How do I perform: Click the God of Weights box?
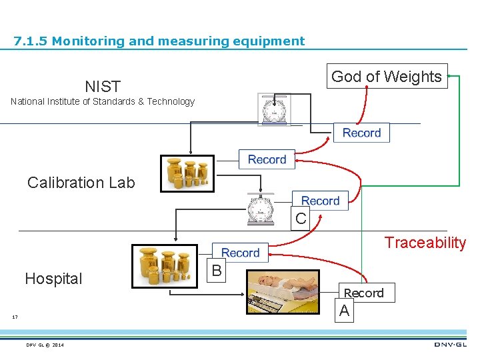(x=386, y=77)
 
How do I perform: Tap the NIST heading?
(x=103, y=87)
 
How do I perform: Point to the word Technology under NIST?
(x=171, y=101)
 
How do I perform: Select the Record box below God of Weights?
(x=361, y=133)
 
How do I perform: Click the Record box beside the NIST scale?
(x=267, y=159)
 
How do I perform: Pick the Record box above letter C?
(x=320, y=201)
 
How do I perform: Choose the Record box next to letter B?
(x=240, y=253)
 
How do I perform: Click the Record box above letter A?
(x=363, y=293)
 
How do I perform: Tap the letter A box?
(x=344, y=311)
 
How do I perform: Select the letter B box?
(x=216, y=271)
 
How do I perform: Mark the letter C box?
(x=301, y=218)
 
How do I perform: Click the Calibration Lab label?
(x=81, y=183)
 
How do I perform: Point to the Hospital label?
(x=53, y=279)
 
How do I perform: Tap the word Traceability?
(x=425, y=242)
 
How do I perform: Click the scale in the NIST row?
(x=274, y=109)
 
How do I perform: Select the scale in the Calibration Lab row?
(x=260, y=209)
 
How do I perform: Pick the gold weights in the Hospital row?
(x=165, y=266)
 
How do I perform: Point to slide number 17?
(x=15, y=317)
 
